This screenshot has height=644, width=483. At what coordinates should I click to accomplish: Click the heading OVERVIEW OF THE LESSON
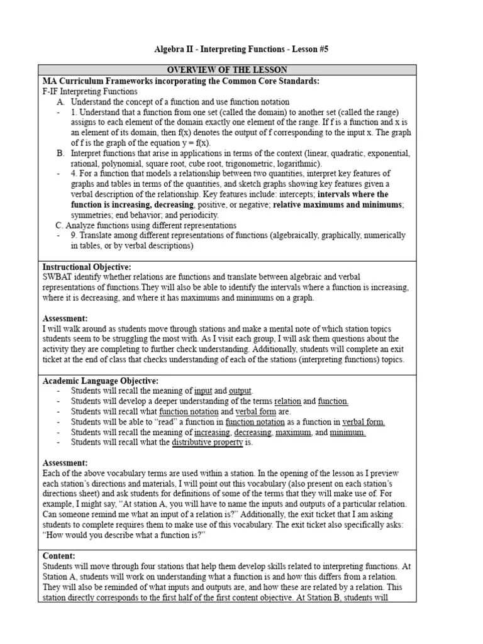[226, 70]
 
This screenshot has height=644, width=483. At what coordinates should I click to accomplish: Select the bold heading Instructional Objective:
[87, 267]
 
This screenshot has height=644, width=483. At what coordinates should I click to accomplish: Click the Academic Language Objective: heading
[100, 381]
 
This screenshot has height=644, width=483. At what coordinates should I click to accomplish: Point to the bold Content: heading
[59, 556]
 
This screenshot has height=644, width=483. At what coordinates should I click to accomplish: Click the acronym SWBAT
[58, 277]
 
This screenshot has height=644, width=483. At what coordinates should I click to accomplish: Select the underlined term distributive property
[208, 443]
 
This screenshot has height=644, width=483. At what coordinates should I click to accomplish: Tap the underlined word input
[203, 391]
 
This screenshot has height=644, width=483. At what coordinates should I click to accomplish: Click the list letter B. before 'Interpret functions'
[60, 153]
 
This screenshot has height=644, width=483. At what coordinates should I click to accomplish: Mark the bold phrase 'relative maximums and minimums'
[338, 204]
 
